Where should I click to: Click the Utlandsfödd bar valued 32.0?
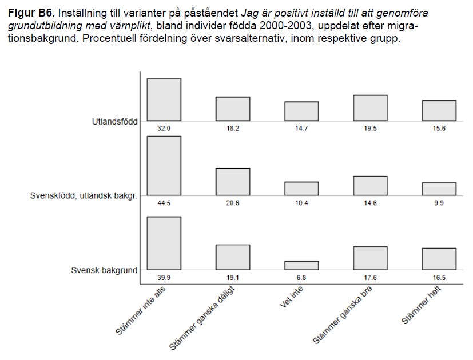tap(164, 99)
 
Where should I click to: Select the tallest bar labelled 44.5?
tap(164, 166)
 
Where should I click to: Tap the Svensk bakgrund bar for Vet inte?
tap(301, 265)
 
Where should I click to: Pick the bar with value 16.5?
tap(439, 259)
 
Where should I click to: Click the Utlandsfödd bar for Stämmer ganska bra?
tap(370, 108)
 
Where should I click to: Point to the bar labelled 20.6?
tap(233, 182)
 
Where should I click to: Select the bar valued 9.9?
tap(439, 189)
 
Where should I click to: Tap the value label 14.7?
tap(301, 129)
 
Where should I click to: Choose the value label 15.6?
tap(439, 129)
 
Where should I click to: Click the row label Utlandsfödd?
tap(114, 121)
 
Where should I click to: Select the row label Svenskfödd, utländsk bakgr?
tap(84, 196)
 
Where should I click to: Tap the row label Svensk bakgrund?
tap(104, 270)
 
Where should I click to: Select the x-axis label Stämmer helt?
tap(421, 306)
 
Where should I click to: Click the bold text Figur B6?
tap(31, 13)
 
